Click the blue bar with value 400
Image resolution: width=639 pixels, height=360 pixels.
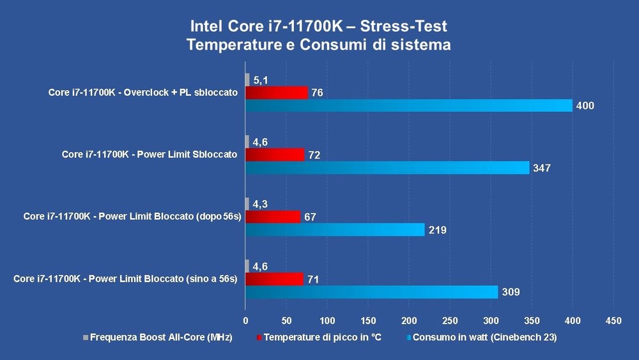coord(409,106)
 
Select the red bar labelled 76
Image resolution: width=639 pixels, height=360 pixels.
coord(276,93)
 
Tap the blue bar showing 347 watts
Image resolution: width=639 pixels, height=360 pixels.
coord(387,168)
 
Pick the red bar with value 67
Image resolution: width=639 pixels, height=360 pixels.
coord(272,217)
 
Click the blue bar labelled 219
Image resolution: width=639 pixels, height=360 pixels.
coord(335,230)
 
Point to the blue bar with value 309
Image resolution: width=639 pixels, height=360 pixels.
coord(371,292)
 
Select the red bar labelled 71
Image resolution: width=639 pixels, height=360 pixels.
coord(274,279)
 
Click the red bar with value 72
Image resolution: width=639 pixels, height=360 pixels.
coord(275,155)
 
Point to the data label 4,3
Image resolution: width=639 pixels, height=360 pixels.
coord(260,205)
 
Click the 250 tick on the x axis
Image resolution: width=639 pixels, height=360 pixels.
coord(450,320)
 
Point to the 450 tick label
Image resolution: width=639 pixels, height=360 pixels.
coord(613,320)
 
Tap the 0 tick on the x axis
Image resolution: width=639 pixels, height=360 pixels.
coord(245,320)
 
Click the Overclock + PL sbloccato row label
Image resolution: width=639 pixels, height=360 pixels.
coord(143,93)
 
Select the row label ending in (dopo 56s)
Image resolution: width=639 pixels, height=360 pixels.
coord(132,217)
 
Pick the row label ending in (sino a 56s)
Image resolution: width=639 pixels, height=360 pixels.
coord(125,279)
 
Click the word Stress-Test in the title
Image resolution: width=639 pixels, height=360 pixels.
coord(404,27)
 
